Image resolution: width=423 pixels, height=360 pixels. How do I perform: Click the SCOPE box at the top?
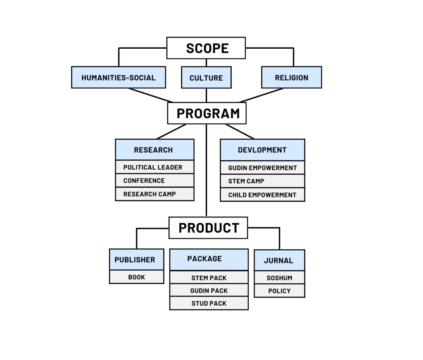tap(206, 48)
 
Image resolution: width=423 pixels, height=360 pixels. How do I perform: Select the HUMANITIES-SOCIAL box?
tap(119, 78)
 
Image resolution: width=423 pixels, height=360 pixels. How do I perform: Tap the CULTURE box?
tap(206, 78)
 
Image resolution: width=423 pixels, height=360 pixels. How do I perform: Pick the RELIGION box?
tap(291, 78)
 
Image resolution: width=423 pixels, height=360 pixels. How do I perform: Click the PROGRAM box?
tap(207, 113)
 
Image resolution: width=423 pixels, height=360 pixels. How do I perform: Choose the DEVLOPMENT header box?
tap(262, 150)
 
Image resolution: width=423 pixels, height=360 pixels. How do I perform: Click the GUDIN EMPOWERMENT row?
tap(262, 168)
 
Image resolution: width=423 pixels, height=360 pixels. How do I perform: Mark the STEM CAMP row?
tap(262, 181)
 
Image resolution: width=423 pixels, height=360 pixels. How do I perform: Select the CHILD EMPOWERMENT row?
tap(262, 194)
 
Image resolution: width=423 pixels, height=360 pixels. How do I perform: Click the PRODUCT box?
tap(208, 228)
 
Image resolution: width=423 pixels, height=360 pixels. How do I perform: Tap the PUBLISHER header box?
tap(136, 260)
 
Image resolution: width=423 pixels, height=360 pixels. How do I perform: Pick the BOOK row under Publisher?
tap(136, 277)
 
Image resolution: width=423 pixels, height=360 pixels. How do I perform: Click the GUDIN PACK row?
tap(209, 291)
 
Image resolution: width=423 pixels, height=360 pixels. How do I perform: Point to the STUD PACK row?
tap(209, 303)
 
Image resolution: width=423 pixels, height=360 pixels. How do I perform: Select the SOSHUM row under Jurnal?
tap(279, 278)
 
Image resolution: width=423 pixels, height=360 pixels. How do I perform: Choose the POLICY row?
tap(279, 291)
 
